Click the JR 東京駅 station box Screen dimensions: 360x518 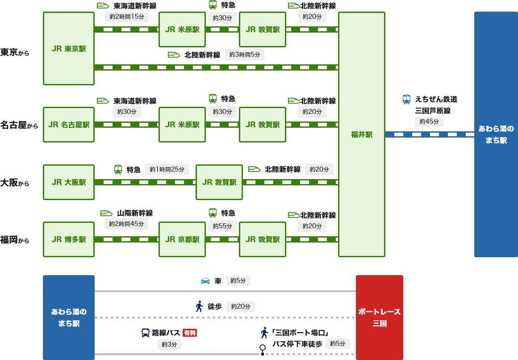[69, 48]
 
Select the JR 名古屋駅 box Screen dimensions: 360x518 [69, 125]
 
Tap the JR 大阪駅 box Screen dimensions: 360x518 [69, 182]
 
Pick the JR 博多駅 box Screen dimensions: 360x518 [69, 239]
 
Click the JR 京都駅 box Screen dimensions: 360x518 [182, 239]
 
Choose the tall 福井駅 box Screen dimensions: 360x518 [362, 134]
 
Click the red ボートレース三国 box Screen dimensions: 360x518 [380, 317]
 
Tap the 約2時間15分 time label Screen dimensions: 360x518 [127, 17]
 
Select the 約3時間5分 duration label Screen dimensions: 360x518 [245, 54]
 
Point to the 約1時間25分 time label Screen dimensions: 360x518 [167, 169]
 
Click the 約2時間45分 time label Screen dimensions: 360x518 [126, 224]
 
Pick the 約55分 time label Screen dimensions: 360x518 [222, 226]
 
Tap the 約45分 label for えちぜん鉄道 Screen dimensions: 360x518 [429, 121]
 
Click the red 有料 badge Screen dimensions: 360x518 [190, 333]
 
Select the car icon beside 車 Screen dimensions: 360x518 [205, 281]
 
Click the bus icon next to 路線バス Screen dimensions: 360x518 [146, 333]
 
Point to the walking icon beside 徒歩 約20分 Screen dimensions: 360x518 [199, 306]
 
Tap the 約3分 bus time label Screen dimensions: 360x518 [169, 344]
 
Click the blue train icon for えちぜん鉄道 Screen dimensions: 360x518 [406, 99]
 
